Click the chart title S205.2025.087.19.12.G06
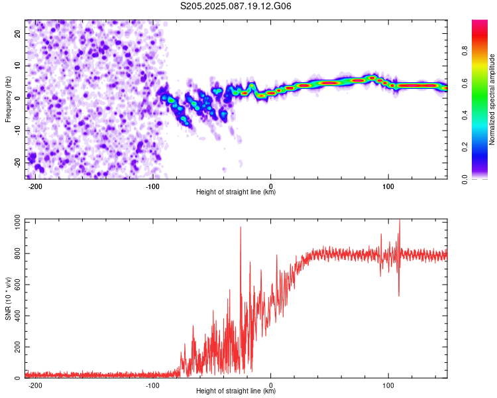click(x=235, y=6)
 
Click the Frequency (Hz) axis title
click(x=8, y=99)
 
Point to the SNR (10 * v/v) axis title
click(x=8, y=298)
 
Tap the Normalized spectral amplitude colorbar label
click(x=492, y=99)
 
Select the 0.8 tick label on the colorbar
click(x=465, y=51)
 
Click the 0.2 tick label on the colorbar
click(x=465, y=147)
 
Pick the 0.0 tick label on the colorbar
click(x=465, y=179)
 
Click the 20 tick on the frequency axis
click(x=17, y=33)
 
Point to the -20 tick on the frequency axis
click(x=17, y=163)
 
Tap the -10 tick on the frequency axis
click(x=17, y=131)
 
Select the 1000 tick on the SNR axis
click(x=17, y=222)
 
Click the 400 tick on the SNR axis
click(x=17, y=316)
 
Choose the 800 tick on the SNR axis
click(x=17, y=253)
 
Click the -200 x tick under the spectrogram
click(x=35, y=186)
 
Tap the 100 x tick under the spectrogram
click(x=388, y=186)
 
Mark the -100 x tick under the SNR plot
click(x=152, y=385)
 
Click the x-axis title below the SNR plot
click(x=236, y=391)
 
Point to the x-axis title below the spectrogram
click(x=236, y=192)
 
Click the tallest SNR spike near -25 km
click(x=241, y=228)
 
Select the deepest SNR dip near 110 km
click(x=399, y=295)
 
